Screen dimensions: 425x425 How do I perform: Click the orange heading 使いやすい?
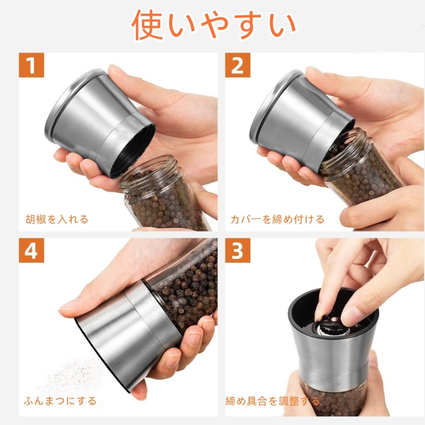click(214, 25)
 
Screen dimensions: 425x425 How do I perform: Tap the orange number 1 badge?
click(31, 65)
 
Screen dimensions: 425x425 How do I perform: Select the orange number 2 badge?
click(238, 65)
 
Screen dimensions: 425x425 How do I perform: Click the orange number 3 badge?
click(238, 250)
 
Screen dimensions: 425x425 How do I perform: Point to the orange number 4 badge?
click(31, 250)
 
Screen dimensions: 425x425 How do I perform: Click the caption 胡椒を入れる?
click(57, 219)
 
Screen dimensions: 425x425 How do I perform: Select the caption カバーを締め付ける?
click(277, 219)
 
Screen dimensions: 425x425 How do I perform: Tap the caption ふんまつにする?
click(60, 401)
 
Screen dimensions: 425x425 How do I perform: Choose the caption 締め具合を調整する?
click(273, 401)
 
